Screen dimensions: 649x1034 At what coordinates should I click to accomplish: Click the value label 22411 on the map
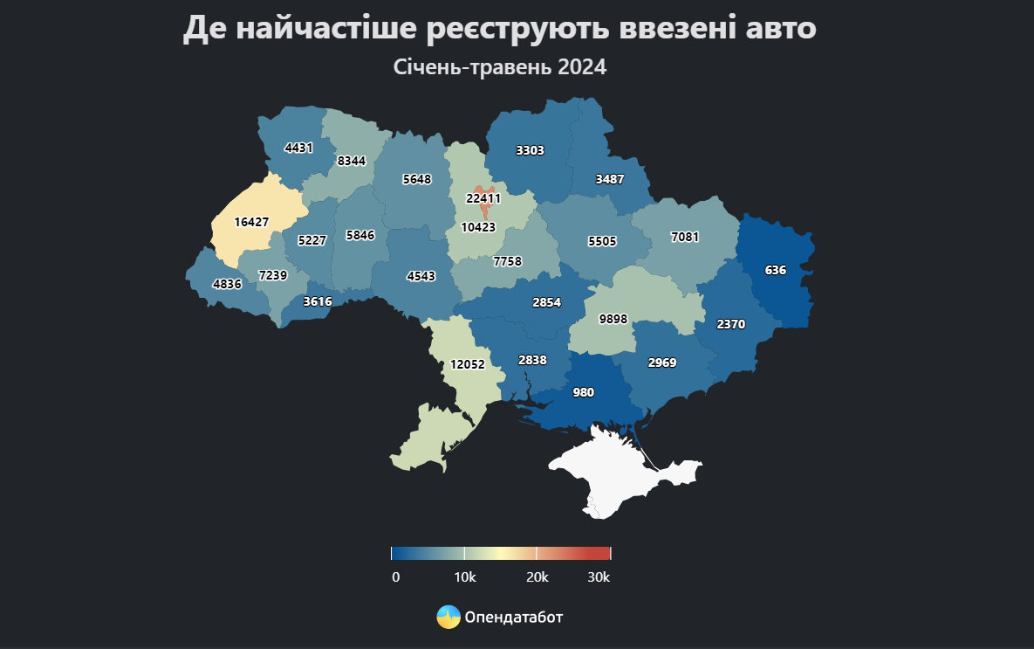click(483, 198)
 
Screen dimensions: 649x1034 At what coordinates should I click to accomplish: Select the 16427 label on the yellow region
click(251, 222)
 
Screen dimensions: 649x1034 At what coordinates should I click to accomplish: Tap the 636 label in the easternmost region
click(775, 270)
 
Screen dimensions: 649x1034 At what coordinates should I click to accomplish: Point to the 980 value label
click(583, 393)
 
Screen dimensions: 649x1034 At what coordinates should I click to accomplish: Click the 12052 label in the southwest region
click(467, 364)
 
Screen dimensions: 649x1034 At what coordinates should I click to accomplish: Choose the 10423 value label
click(478, 227)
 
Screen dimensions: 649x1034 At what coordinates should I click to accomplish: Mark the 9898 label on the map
click(613, 319)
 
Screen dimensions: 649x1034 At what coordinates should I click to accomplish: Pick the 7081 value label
click(685, 237)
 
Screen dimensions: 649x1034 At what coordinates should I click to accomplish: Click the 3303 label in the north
click(530, 150)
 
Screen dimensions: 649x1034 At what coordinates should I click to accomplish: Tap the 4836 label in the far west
click(227, 283)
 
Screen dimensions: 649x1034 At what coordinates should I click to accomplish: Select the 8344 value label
click(352, 161)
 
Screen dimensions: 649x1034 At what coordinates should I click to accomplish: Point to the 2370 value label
click(730, 324)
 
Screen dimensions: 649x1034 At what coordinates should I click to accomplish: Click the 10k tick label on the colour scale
click(464, 577)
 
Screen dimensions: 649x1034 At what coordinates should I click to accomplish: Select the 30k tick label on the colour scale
click(599, 577)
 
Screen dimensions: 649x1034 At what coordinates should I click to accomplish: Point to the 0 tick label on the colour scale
click(395, 577)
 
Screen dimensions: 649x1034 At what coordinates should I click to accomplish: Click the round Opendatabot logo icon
click(449, 617)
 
